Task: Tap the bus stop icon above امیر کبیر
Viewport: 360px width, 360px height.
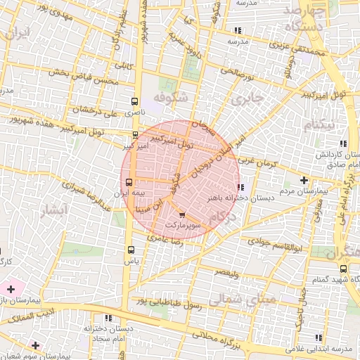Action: pyautogui.click(x=136, y=134)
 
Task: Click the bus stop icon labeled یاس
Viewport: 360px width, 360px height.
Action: pyautogui.click(x=130, y=250)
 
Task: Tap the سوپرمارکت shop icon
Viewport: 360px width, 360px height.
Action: pyautogui.click(x=183, y=215)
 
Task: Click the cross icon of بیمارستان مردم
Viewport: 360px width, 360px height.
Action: pyautogui.click(x=304, y=181)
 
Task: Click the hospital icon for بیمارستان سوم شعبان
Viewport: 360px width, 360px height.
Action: pyautogui.click(x=35, y=345)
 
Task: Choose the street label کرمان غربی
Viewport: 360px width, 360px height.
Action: pyautogui.click(x=257, y=163)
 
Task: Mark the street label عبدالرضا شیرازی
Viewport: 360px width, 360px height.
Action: pyautogui.click(x=85, y=195)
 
